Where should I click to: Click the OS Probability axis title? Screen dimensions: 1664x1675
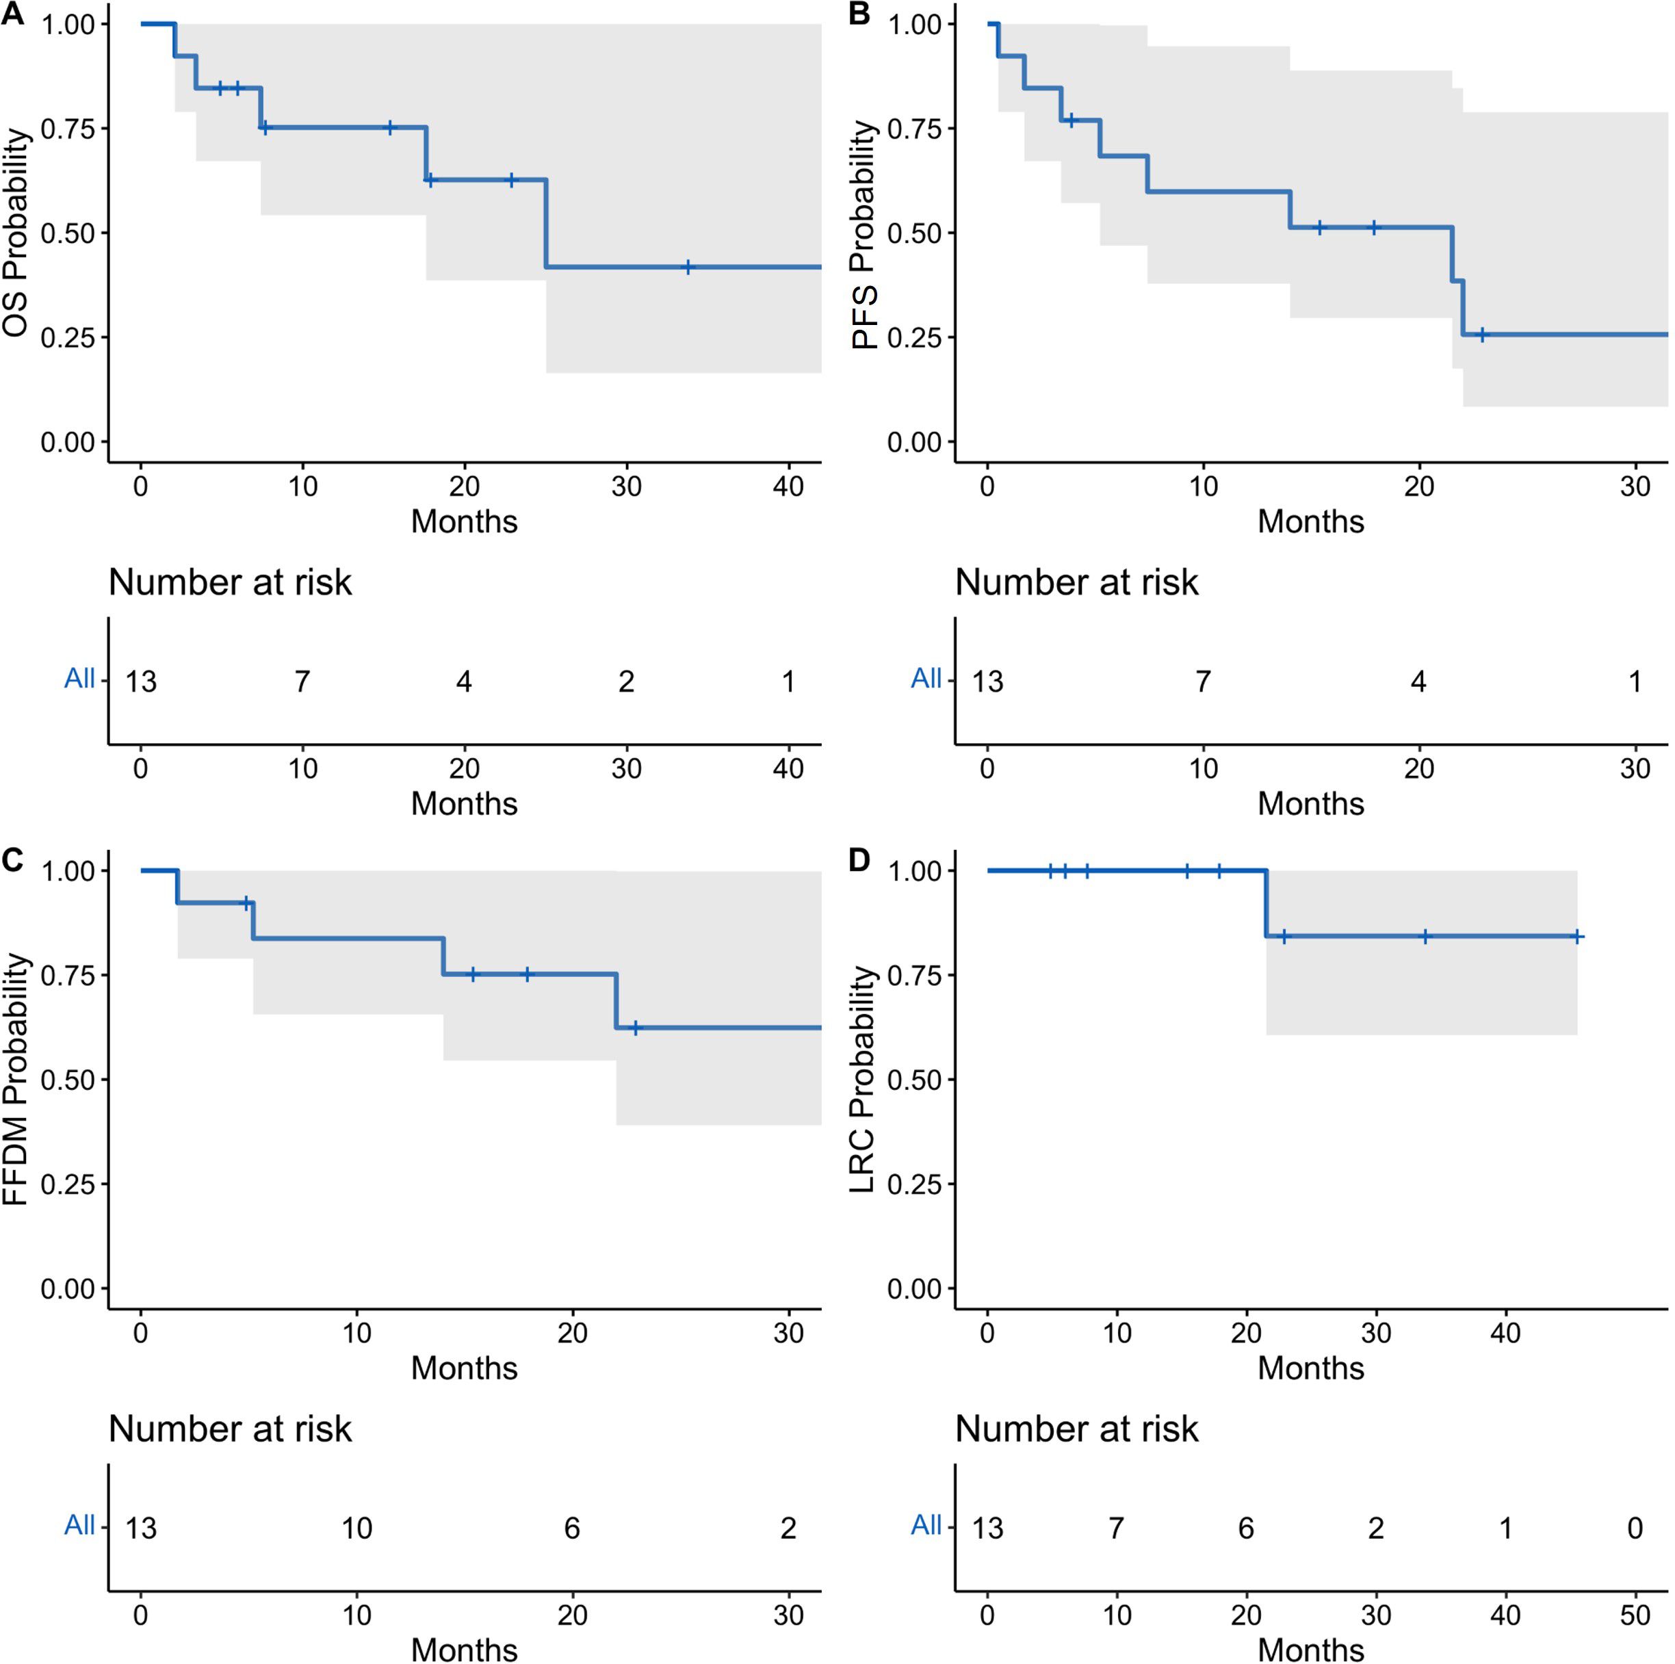[16, 233]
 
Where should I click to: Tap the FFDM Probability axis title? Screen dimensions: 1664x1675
[16, 1080]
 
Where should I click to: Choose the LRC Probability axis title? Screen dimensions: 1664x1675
[861, 1080]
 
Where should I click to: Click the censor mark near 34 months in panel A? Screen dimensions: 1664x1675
[688, 267]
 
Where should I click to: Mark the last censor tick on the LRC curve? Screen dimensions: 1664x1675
[1577, 937]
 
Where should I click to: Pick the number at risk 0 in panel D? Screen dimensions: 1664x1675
[1634, 1528]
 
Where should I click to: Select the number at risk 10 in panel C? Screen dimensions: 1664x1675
[356, 1528]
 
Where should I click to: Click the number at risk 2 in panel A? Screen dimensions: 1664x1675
[626, 681]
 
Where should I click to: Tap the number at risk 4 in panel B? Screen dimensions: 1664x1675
[1418, 681]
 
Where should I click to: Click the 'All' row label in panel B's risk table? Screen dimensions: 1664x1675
[926, 678]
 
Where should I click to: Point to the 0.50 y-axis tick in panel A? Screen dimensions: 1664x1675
[67, 233]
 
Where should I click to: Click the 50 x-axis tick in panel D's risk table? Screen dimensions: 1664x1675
[1634, 1615]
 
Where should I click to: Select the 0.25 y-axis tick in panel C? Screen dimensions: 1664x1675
[67, 1184]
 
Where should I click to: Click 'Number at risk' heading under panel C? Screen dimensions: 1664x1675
[230, 1429]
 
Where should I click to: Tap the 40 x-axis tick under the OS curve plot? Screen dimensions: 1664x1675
[788, 486]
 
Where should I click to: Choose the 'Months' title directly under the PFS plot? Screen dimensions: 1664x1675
[1310, 521]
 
